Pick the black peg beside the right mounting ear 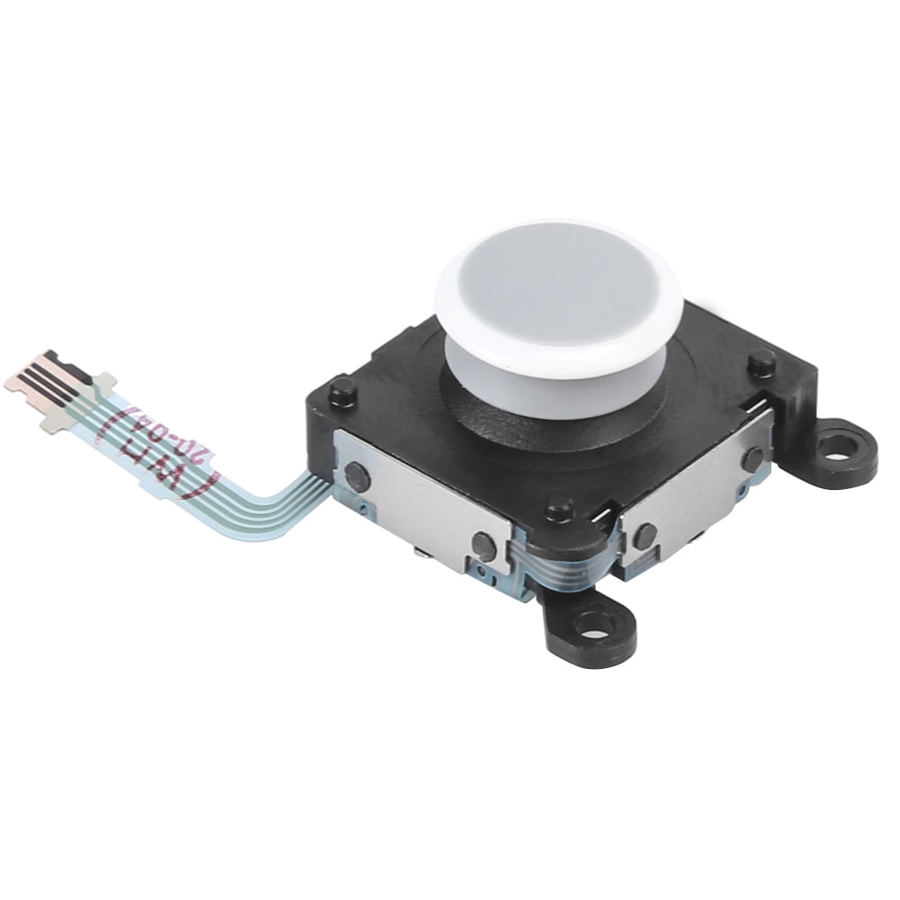[x=762, y=361]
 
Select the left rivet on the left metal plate [x=358, y=473]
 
